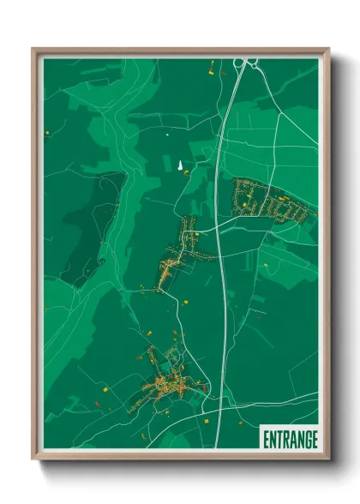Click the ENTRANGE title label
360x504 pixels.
pos(289,439)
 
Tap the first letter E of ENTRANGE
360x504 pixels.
pos(266,439)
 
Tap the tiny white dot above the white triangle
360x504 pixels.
pos(168,134)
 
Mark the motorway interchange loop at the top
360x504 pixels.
pos(243,63)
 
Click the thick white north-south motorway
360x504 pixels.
pos(219,257)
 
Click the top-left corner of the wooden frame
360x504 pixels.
pos(34,50)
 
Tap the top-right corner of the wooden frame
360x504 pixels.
pos(328,50)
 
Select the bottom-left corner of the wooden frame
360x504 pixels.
pos(34,458)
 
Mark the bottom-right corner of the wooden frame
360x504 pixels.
pos(328,458)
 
